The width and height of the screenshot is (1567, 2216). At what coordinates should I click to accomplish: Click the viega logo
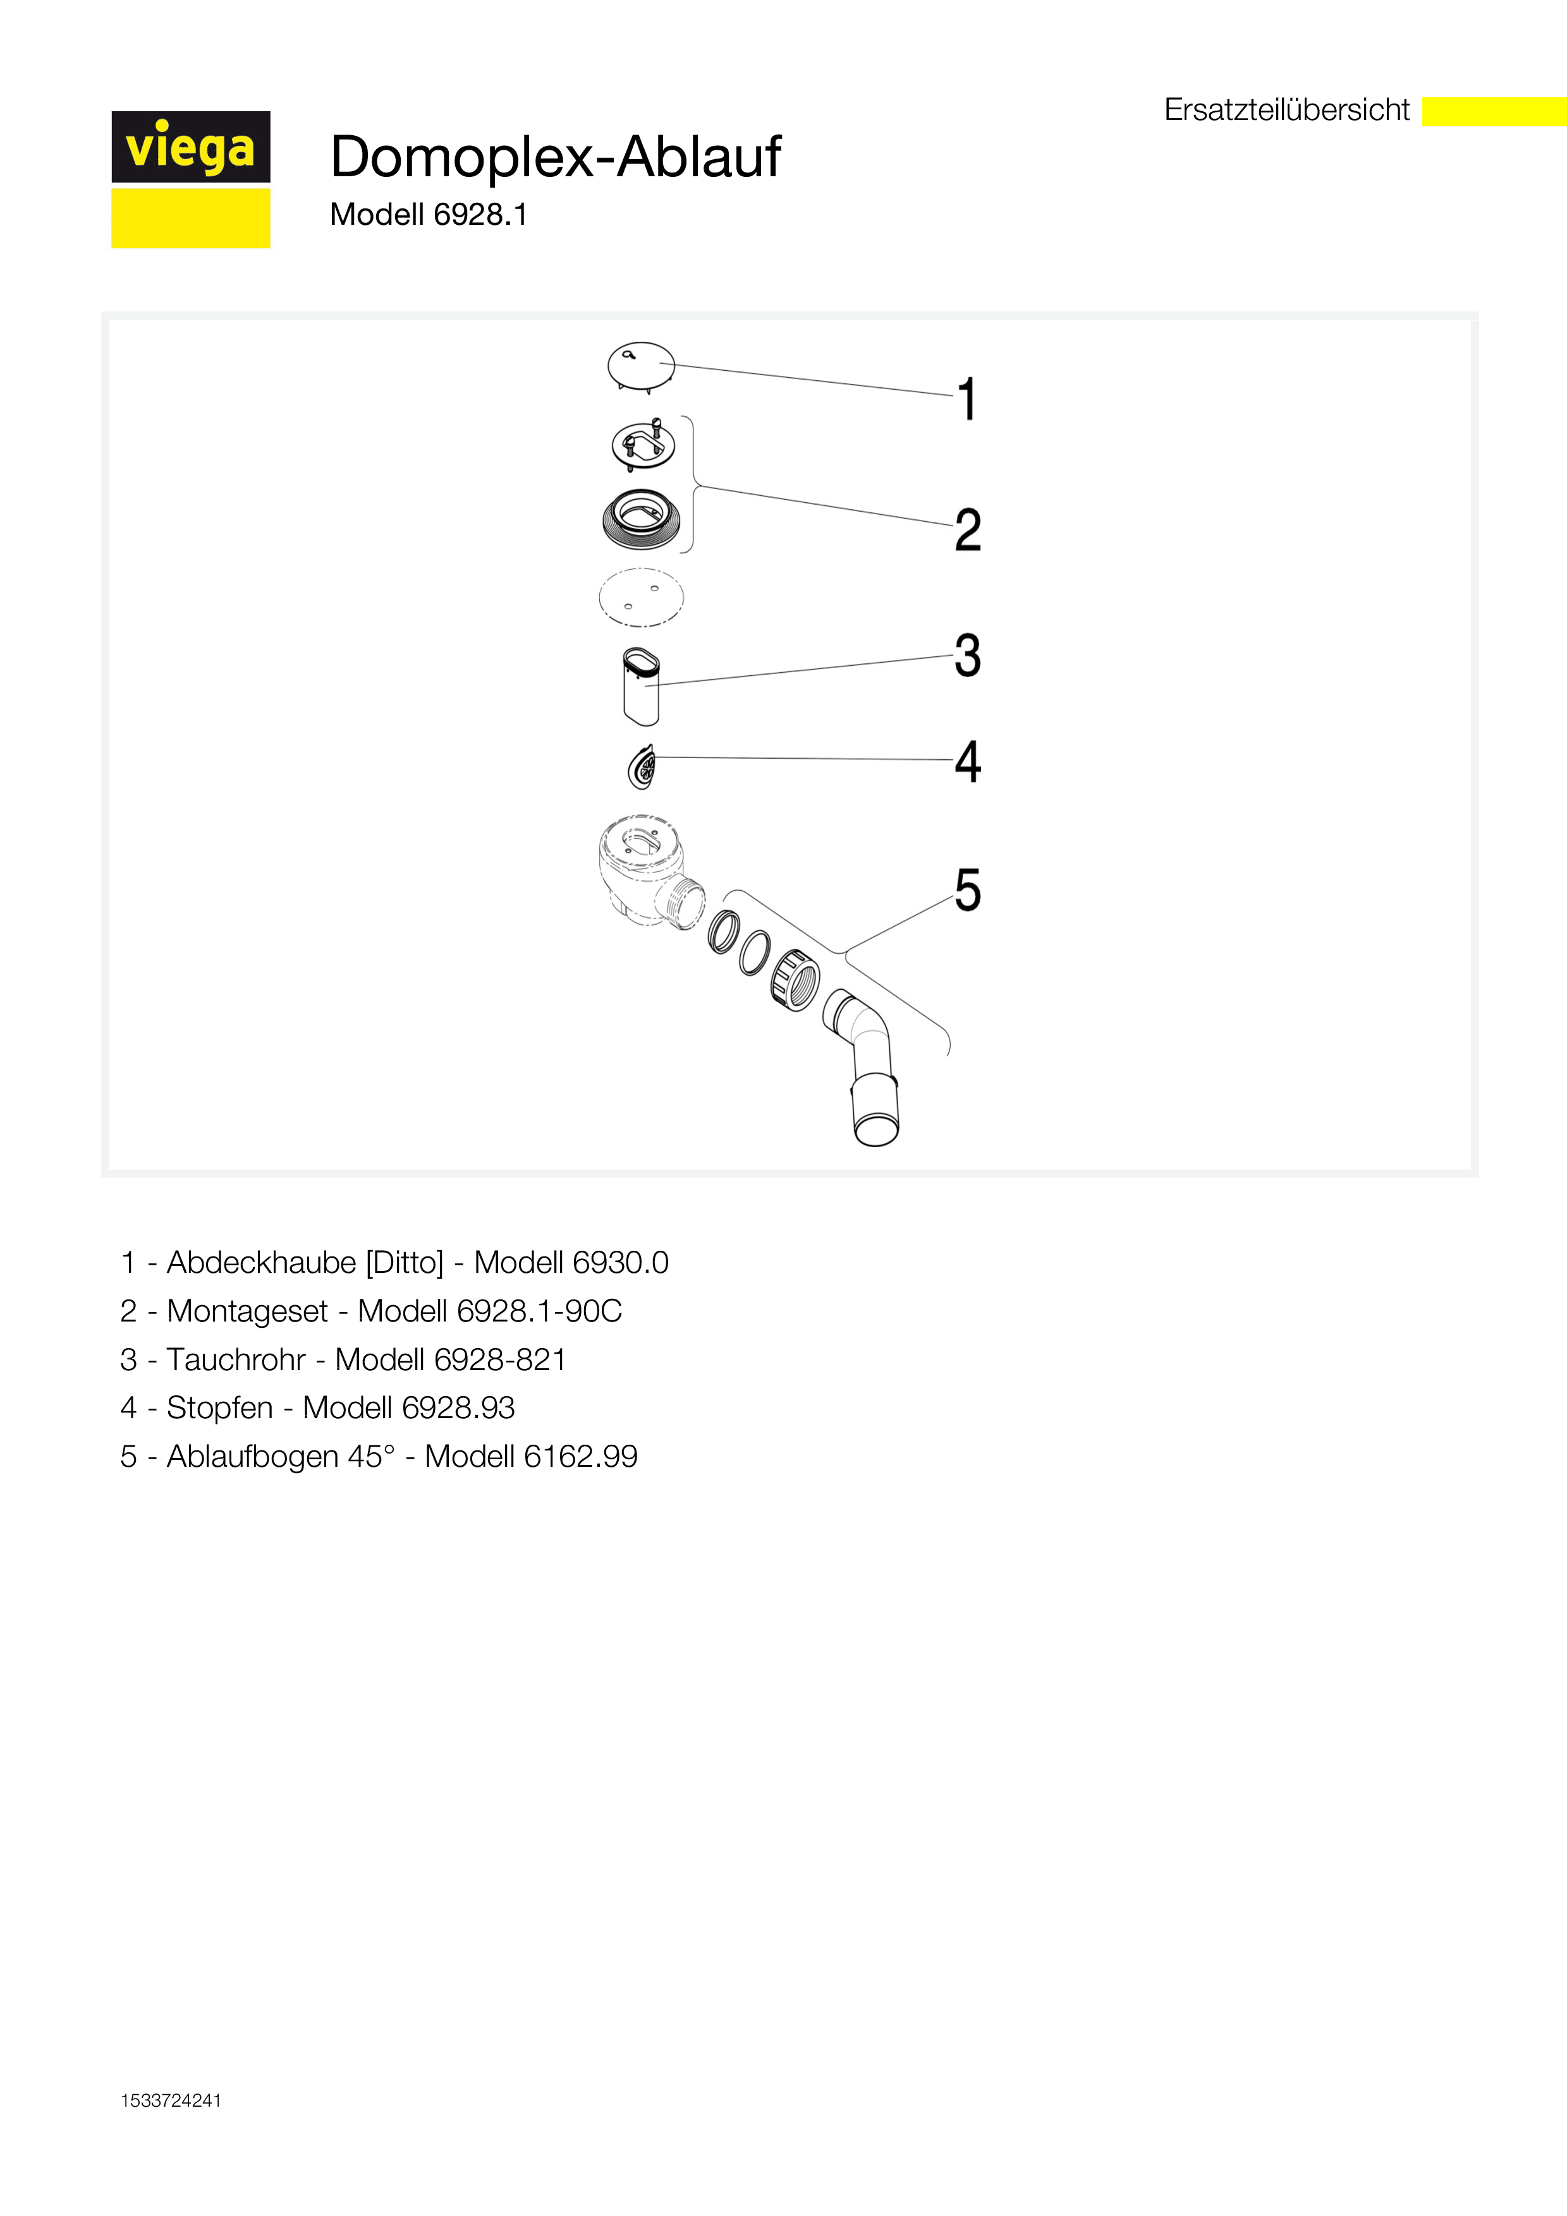tap(190, 179)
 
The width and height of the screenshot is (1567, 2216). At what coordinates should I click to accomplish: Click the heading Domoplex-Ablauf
tap(555, 157)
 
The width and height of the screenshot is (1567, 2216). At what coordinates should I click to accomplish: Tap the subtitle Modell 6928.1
tap(429, 214)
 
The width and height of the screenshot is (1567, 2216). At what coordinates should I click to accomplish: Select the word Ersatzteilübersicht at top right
tap(1286, 110)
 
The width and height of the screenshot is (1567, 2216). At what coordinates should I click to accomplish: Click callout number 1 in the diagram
tap(966, 400)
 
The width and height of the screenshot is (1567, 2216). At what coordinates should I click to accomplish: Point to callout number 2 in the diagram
tap(967, 530)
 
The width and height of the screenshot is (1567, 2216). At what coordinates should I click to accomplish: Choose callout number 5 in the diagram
tap(967, 890)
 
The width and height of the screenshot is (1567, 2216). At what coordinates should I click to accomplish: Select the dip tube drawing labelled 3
tap(641, 686)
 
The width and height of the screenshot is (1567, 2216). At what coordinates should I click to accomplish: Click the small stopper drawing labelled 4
tap(641, 768)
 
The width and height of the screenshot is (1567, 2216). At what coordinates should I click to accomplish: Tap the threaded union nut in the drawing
tap(795, 980)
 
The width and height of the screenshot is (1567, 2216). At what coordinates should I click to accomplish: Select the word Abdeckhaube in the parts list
tap(262, 1262)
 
